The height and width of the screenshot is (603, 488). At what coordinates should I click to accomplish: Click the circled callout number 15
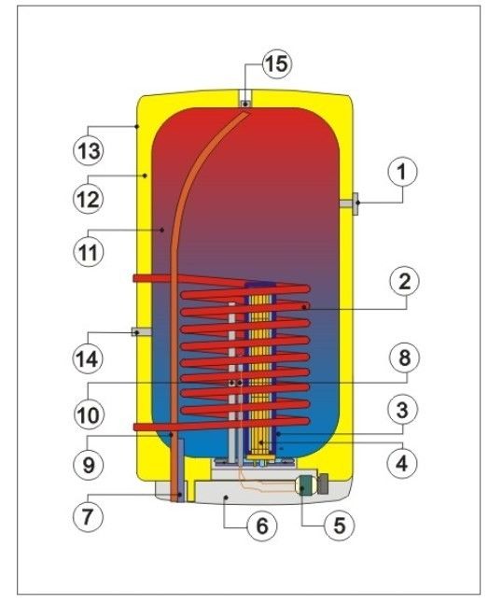tap(277, 63)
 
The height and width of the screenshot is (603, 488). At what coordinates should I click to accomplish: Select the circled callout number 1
tap(403, 172)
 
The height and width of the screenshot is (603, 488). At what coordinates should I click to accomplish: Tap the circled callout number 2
tap(404, 282)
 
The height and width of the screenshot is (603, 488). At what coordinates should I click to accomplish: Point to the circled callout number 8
tap(404, 358)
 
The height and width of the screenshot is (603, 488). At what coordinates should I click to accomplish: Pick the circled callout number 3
tap(402, 410)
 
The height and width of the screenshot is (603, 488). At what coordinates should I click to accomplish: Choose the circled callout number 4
tap(401, 463)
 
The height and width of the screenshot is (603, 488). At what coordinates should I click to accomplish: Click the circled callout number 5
tap(340, 525)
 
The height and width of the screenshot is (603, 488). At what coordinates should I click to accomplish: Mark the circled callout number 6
tap(262, 525)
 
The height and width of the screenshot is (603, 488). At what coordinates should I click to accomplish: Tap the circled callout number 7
tap(88, 515)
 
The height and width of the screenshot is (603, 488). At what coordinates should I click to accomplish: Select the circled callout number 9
tap(88, 465)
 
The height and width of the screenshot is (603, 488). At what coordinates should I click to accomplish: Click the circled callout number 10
tap(88, 414)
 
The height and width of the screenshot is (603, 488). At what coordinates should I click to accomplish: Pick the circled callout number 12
tap(88, 199)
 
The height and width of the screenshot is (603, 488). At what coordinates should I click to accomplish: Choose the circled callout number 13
tap(88, 150)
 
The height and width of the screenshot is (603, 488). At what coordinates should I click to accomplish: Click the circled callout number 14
tap(88, 358)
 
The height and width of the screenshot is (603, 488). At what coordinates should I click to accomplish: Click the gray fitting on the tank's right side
tap(349, 203)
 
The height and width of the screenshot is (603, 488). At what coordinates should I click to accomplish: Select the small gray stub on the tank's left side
tap(141, 331)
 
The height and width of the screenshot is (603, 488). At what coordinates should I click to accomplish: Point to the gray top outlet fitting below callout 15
tap(245, 100)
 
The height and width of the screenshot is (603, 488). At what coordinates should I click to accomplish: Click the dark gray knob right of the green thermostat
tap(324, 484)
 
